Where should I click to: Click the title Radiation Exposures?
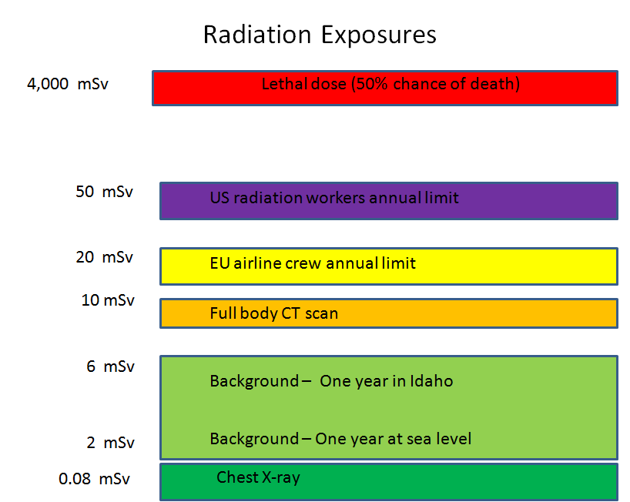(320, 35)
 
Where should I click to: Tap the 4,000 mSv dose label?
(68, 84)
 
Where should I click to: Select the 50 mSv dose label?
(105, 192)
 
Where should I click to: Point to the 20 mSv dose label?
(105, 257)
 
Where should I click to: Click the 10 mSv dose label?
(108, 300)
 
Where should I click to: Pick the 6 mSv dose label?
(110, 366)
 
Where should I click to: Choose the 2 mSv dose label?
(110, 443)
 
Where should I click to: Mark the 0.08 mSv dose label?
(94, 479)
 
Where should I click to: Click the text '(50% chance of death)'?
(435, 84)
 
